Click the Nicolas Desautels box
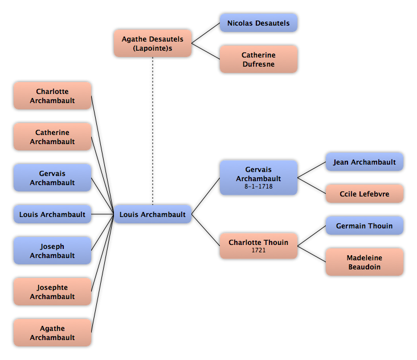coord(259,23)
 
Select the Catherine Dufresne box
coord(259,59)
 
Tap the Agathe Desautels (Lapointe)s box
coord(153,43)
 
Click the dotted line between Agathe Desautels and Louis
coord(153,131)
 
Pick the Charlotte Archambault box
coord(52,96)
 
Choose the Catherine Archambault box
coord(52,137)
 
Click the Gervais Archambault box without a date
coord(52,178)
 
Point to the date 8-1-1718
coord(259,186)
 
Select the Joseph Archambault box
coord(52,251)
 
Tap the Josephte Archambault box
coord(52,292)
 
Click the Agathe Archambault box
coord(52,332)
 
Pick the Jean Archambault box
coord(365,162)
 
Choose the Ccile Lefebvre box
coord(365,194)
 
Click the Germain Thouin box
coord(365,226)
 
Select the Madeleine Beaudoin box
coord(365,262)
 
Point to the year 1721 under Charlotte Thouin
coord(259,250)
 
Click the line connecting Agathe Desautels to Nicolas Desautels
coord(206,33)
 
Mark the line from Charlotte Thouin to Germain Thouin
coord(312,236)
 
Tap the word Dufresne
coord(259,64)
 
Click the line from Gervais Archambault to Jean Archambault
coord(312,170)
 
